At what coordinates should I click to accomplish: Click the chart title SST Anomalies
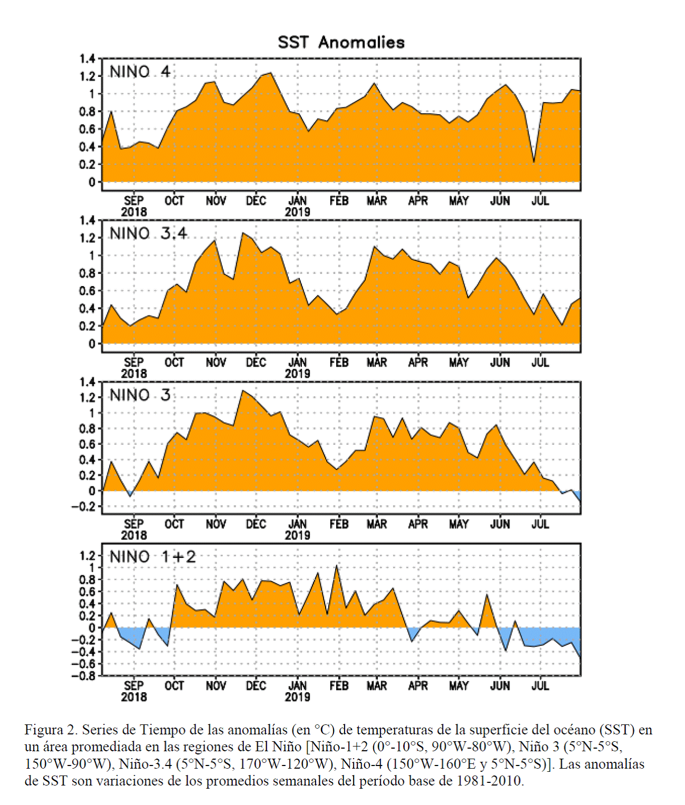coord(341,43)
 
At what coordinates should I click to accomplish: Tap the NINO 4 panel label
coord(140,72)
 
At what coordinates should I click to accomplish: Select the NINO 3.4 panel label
coord(148,234)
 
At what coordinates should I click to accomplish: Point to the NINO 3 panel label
coord(140,395)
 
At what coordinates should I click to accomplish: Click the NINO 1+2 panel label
coord(152,557)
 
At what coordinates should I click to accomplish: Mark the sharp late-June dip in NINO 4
coord(534,162)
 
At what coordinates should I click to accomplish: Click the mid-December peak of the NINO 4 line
coord(271,73)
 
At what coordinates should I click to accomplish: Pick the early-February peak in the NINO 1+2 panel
coord(337,565)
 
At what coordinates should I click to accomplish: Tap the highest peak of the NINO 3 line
coord(243,390)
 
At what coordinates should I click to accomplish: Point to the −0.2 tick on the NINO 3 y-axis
coord(83,506)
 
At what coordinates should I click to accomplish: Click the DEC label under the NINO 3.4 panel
coord(256,362)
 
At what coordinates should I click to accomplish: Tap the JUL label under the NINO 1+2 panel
coord(540,686)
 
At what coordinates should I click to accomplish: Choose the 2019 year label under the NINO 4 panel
coord(298,212)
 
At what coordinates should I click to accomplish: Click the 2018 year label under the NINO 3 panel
coord(134,535)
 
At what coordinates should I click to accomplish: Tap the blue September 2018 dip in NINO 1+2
coord(139,648)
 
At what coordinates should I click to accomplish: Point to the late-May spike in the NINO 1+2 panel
coord(486,595)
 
